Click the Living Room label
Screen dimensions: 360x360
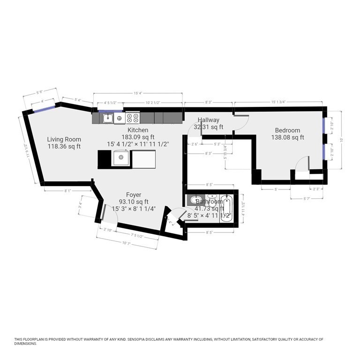coord(64,139)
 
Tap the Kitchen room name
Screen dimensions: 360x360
coord(138,130)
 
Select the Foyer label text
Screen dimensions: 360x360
coord(134,195)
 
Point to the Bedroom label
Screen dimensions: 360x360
coord(287,130)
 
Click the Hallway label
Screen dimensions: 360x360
coord(208,120)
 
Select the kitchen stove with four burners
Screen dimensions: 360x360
coord(133,118)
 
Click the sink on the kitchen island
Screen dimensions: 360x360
coord(121,158)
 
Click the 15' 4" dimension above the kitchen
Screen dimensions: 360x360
coord(137,93)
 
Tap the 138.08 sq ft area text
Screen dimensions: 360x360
coord(287,137)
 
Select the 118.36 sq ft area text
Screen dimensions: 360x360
coord(64,146)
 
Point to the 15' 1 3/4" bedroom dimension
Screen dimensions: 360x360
coord(278,102)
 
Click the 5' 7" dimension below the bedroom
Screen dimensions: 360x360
coord(307,199)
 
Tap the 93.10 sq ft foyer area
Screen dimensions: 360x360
coord(134,202)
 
